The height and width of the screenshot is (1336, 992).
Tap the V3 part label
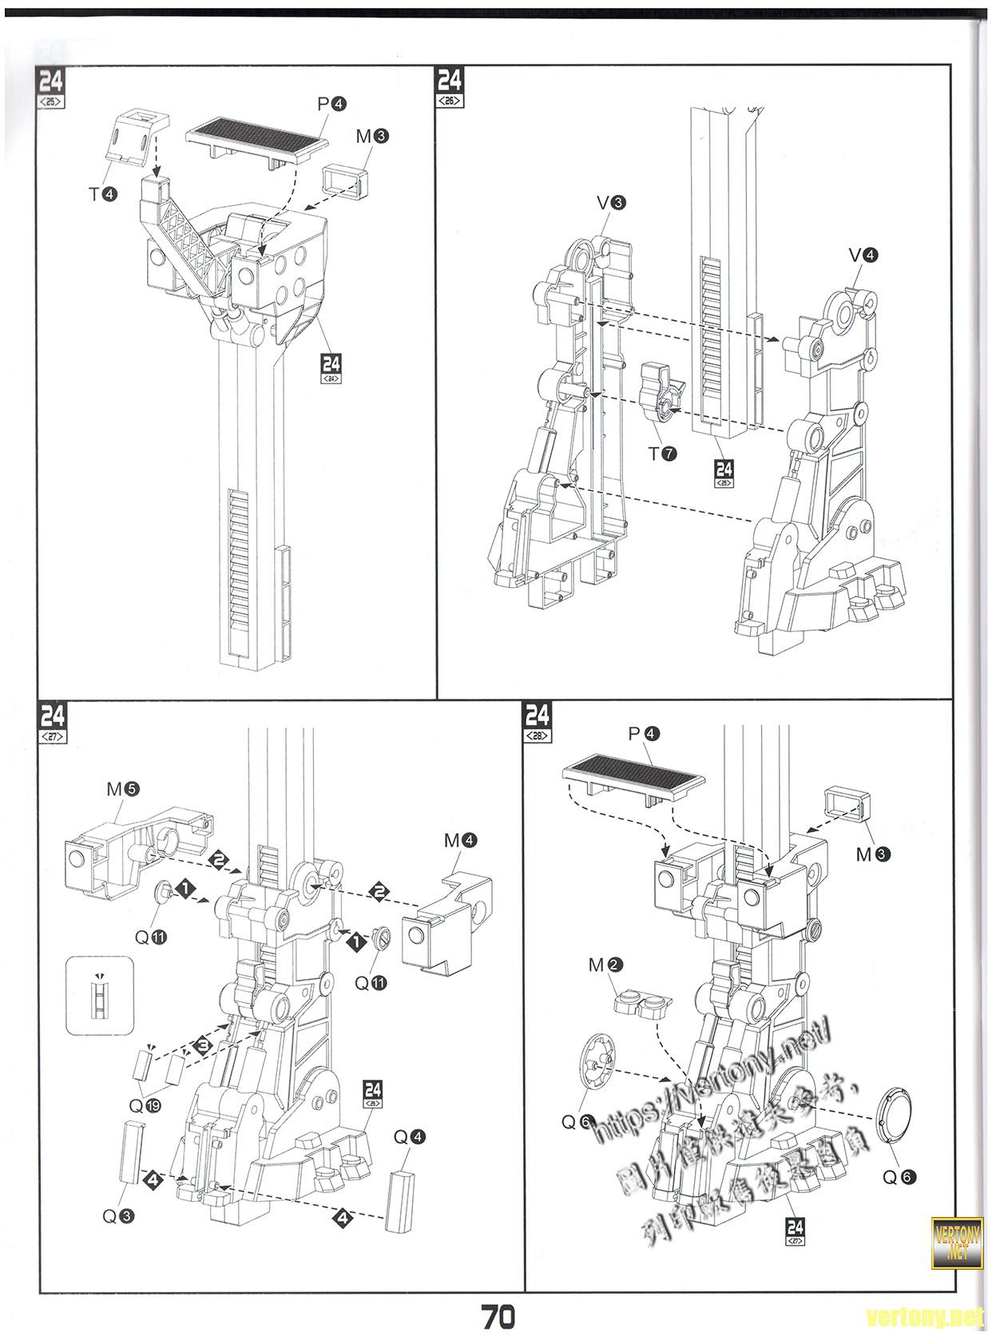(611, 204)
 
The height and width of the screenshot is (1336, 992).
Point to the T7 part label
(662, 454)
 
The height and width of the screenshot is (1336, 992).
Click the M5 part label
(122, 789)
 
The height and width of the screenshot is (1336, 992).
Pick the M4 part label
(461, 841)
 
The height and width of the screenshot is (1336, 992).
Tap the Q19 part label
(145, 1107)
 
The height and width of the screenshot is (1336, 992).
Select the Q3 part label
(117, 1217)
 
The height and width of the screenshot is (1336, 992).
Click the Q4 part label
(409, 1136)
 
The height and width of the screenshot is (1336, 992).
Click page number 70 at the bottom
(498, 1316)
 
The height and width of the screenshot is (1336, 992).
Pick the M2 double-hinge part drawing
(643, 1005)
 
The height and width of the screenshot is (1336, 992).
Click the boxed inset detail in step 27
(99, 994)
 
